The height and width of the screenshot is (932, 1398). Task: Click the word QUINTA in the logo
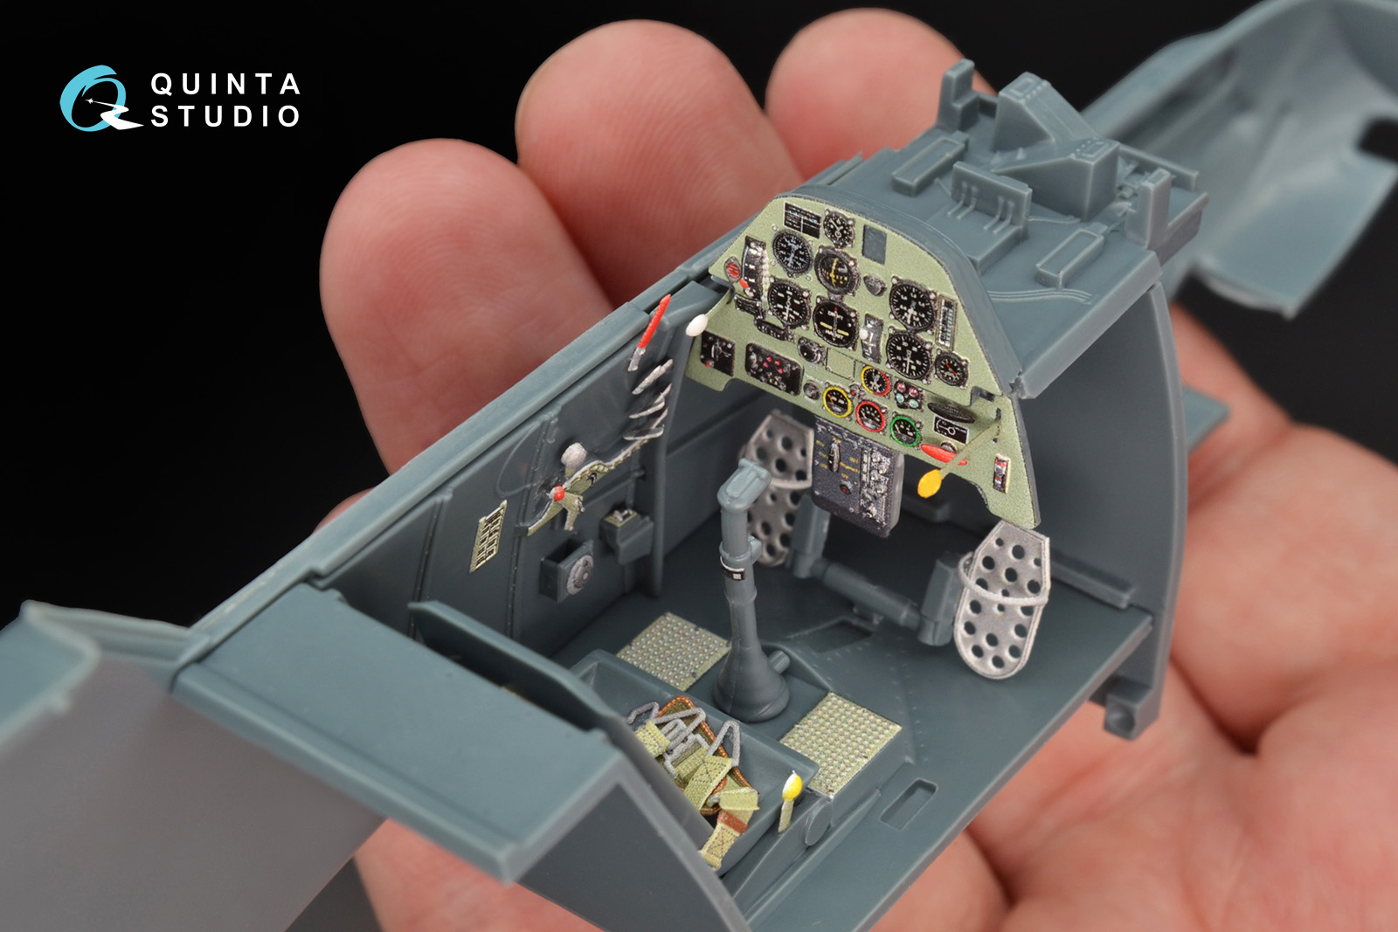pyautogui.click(x=225, y=84)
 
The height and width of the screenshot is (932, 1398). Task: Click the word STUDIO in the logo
pyautogui.click(x=225, y=116)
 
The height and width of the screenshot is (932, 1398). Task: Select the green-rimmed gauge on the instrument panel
pyautogui.click(x=905, y=431)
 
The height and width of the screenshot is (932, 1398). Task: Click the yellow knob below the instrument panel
pyautogui.click(x=930, y=483)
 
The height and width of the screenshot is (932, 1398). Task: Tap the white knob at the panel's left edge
pyautogui.click(x=696, y=324)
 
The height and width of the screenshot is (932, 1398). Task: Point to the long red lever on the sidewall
pyautogui.click(x=651, y=331)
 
